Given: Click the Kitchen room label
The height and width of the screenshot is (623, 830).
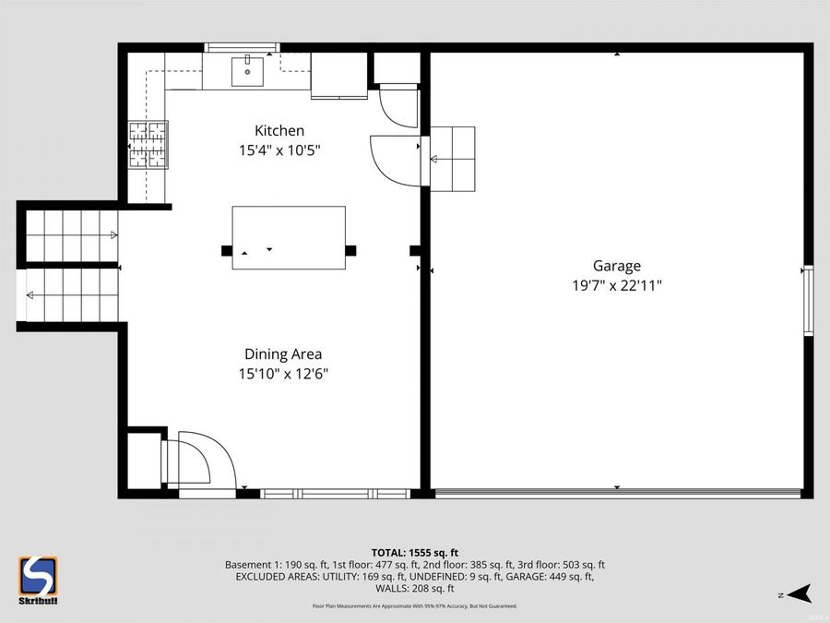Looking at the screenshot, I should (279, 131).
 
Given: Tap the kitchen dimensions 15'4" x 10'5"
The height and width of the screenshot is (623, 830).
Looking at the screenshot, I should (279, 150).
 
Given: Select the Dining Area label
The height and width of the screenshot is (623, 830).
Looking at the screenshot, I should (283, 354).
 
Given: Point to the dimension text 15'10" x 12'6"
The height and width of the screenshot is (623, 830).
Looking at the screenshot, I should (283, 374).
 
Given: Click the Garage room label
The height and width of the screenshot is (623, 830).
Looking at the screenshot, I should (616, 266).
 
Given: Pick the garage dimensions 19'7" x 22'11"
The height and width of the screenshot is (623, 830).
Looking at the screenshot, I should (616, 285).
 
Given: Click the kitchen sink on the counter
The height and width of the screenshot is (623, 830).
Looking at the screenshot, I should (246, 68).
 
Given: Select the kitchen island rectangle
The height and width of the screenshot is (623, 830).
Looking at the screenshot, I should (289, 237).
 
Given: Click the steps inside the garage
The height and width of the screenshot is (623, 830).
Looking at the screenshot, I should (452, 158).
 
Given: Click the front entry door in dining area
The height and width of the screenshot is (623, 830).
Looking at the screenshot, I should (198, 459).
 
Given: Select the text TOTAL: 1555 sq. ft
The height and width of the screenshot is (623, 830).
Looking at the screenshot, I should (414, 552).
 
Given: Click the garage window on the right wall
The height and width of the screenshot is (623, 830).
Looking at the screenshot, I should (808, 300).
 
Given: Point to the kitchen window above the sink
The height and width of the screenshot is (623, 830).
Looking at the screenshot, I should (242, 47).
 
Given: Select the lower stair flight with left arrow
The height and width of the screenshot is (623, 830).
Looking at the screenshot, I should (69, 294).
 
